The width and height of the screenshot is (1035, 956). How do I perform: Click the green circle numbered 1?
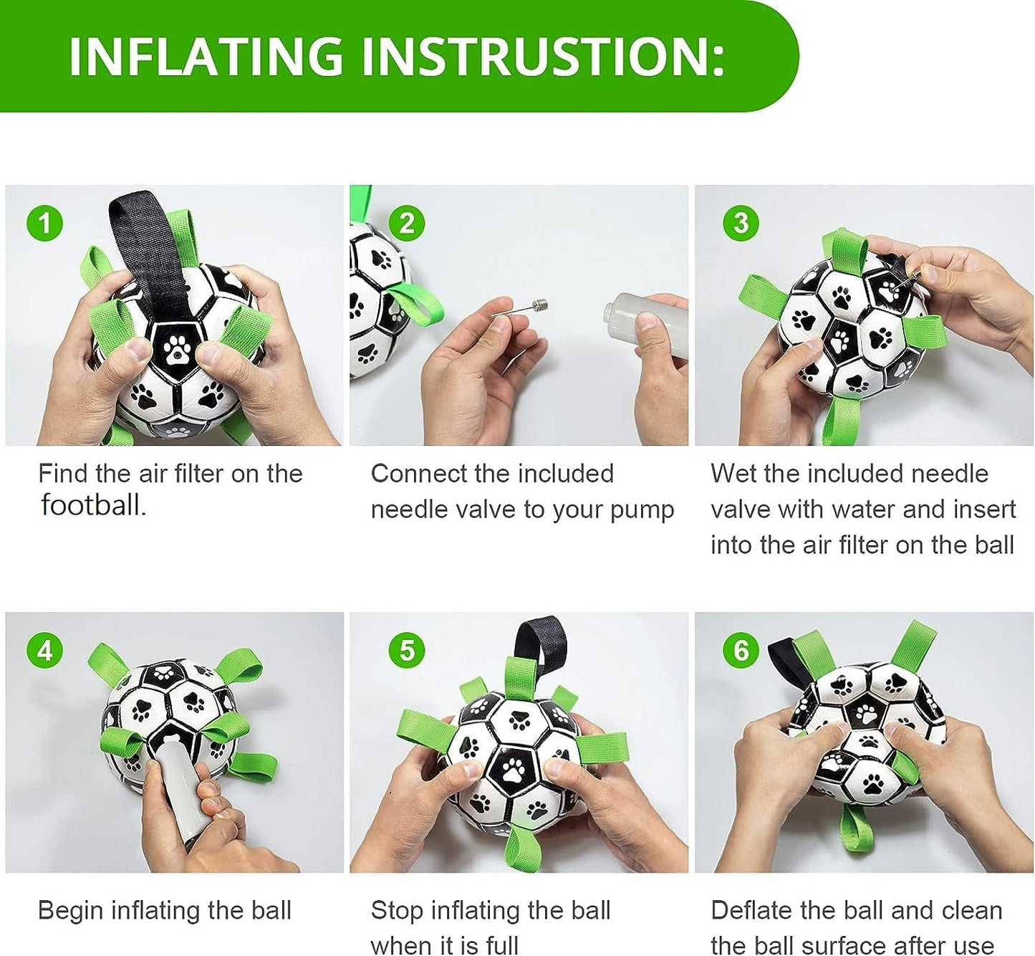pyautogui.click(x=45, y=223)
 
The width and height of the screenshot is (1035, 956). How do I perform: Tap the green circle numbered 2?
pyautogui.click(x=407, y=223)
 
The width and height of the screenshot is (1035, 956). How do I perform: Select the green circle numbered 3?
pyautogui.click(x=741, y=223)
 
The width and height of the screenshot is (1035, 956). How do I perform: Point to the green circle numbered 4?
pyautogui.click(x=45, y=651)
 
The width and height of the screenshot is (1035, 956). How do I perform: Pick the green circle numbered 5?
pyautogui.click(x=407, y=651)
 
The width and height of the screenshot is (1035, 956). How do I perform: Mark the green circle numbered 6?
pyautogui.click(x=741, y=651)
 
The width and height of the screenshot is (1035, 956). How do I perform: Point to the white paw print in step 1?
pyautogui.click(x=177, y=349)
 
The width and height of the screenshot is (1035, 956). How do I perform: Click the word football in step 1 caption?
pyautogui.click(x=93, y=505)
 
